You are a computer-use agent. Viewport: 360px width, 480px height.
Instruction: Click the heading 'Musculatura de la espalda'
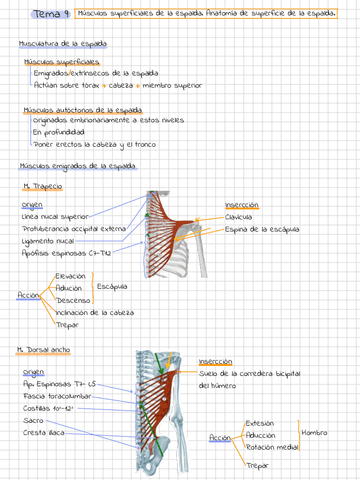point(64,46)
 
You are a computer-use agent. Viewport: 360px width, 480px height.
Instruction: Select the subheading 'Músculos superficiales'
point(56,62)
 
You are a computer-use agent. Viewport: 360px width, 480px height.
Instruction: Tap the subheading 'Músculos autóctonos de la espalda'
point(75,110)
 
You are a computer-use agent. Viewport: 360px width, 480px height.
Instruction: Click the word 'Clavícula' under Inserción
point(238,216)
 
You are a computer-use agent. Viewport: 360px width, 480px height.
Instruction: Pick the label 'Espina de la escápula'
point(262,230)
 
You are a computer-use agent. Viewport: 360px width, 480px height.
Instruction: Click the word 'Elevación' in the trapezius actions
point(71,276)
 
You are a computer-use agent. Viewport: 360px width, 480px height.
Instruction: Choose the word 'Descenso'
point(73,300)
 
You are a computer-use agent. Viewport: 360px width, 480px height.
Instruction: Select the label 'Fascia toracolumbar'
point(57,396)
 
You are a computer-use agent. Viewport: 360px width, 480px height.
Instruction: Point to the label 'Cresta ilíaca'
point(44,432)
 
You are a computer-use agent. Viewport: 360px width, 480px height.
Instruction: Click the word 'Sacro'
point(33,420)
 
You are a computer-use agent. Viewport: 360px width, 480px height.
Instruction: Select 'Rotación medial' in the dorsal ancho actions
point(271,447)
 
